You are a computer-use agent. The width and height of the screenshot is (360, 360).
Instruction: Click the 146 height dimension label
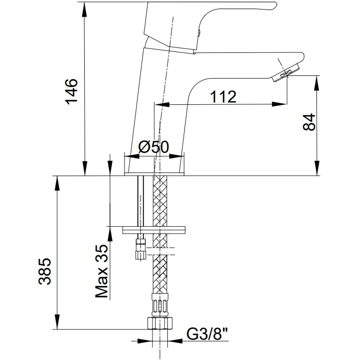click(71, 91)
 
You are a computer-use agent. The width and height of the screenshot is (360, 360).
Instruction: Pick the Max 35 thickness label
click(102, 271)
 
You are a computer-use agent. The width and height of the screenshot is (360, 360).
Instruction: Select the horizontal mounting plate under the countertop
click(154, 229)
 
